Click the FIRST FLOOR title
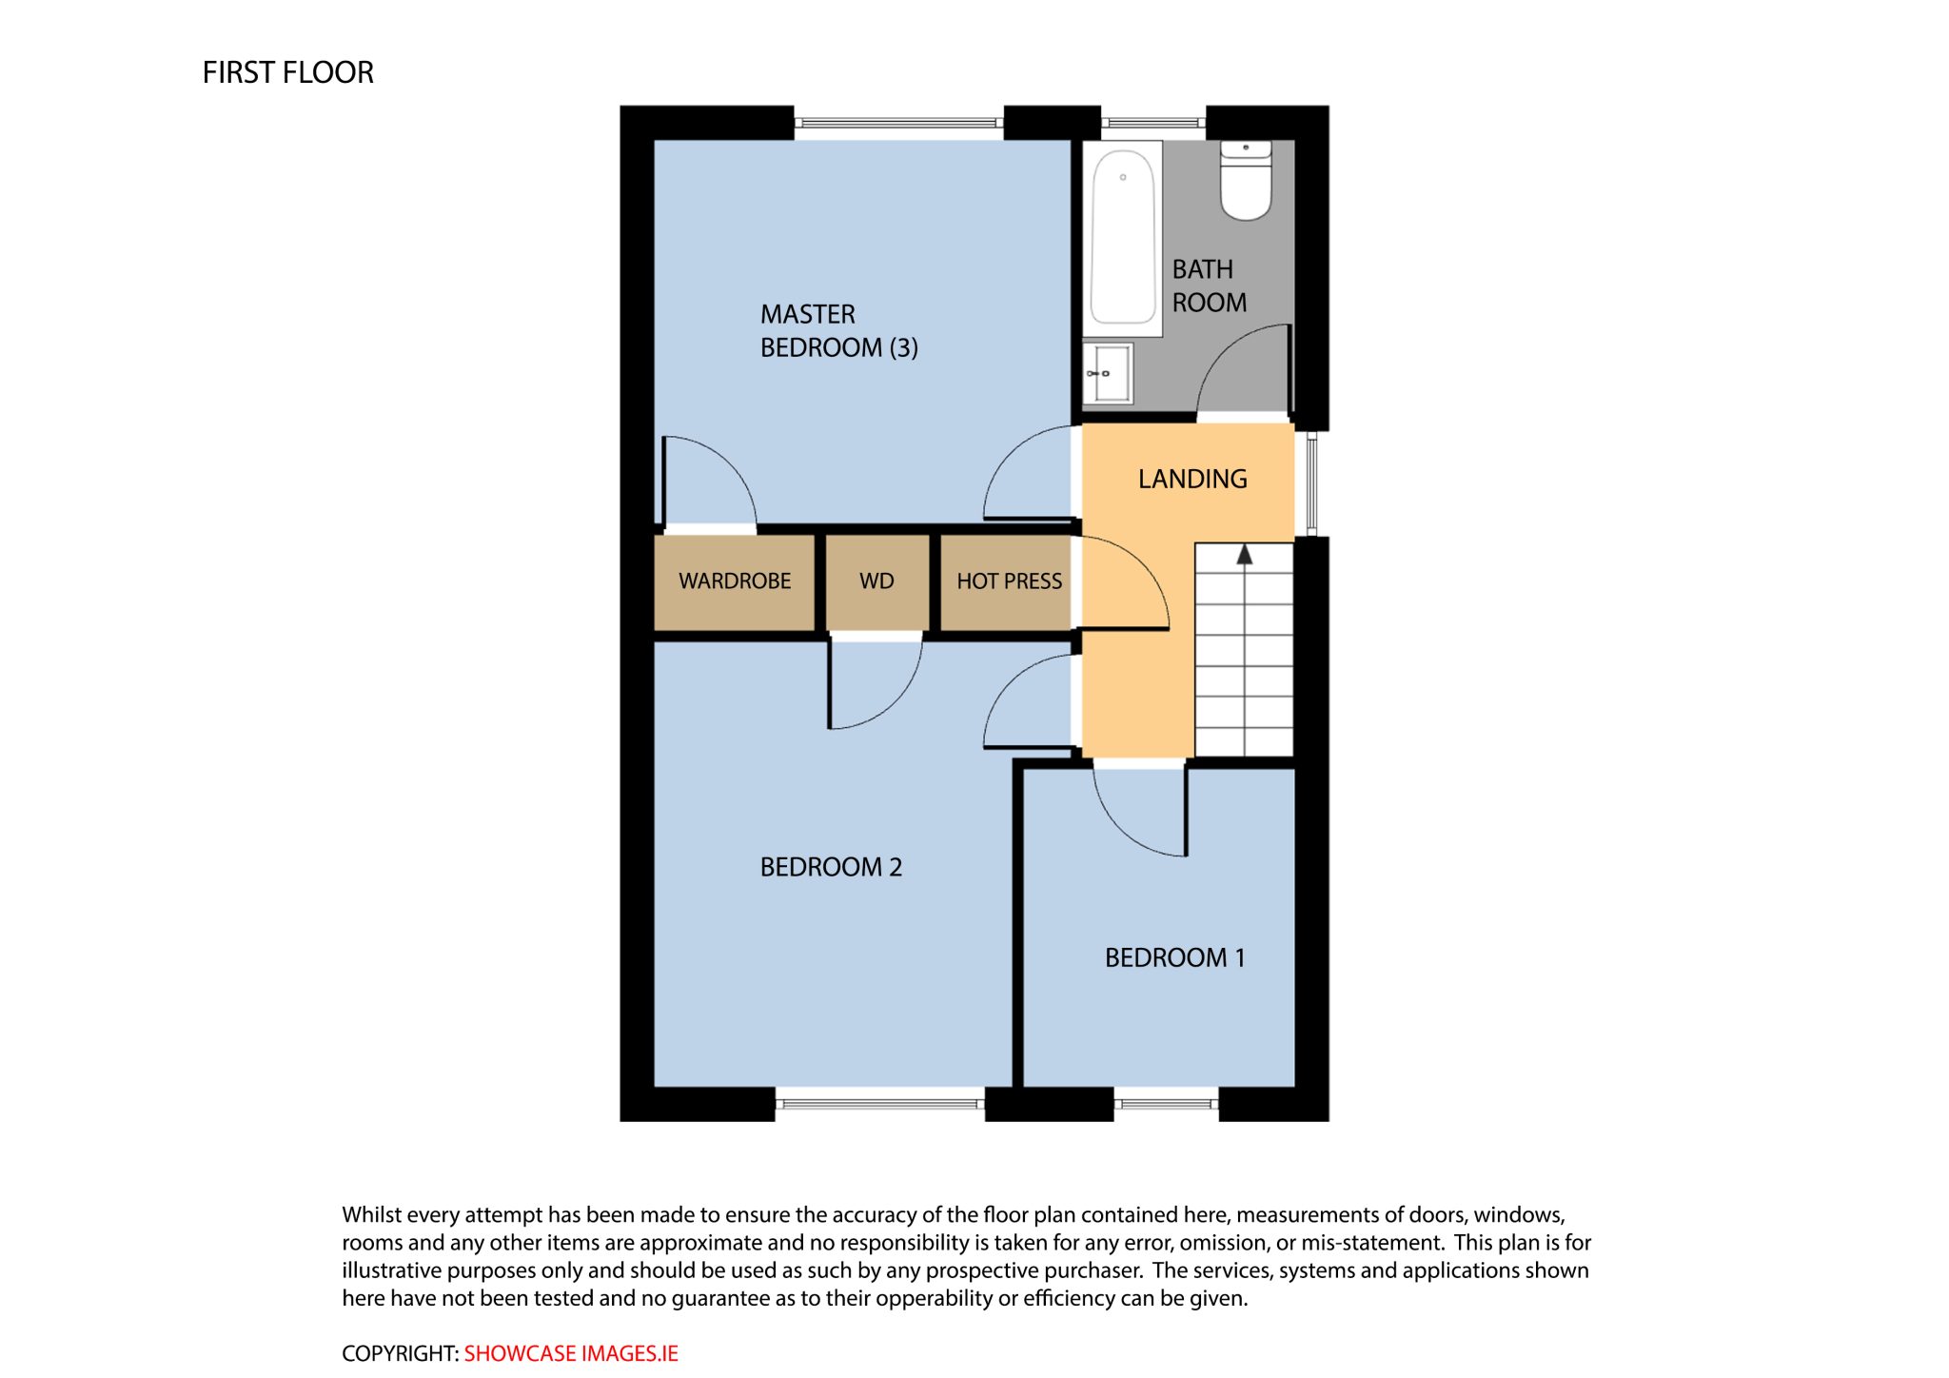(x=287, y=72)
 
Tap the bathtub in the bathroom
(x=1123, y=238)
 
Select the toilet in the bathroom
(x=1246, y=180)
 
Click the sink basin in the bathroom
(x=1108, y=373)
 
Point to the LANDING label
(x=1192, y=479)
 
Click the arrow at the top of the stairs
(x=1244, y=555)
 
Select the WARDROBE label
(x=735, y=581)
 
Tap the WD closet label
(x=876, y=581)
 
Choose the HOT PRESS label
(x=1009, y=581)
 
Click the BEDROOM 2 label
(x=831, y=867)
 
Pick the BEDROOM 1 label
(x=1174, y=957)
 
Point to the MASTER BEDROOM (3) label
(x=838, y=330)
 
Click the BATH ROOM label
(x=1209, y=285)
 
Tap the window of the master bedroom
(x=899, y=123)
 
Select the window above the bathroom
(x=1153, y=123)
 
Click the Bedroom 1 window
(x=1166, y=1104)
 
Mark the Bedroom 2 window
(x=879, y=1104)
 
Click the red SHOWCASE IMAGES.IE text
(x=571, y=1353)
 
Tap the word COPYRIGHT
(x=400, y=1353)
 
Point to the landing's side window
(x=1311, y=483)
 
